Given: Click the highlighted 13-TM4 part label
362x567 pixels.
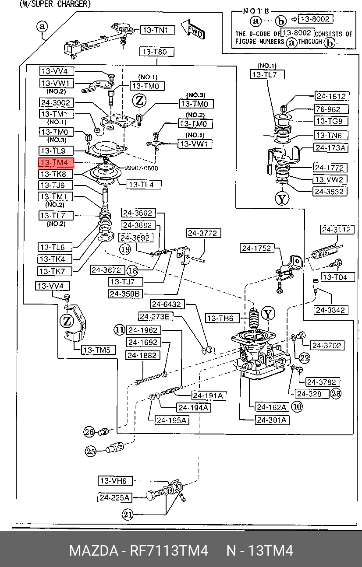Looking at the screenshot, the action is tap(56, 162).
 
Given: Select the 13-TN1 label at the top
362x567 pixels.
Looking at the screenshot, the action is tap(158, 30).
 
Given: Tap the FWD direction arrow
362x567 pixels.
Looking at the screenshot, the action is tap(193, 29).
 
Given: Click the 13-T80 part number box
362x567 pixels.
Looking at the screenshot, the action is tap(156, 52).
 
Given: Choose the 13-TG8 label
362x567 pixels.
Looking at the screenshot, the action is tap(331, 121).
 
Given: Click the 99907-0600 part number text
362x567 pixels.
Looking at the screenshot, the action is tap(141, 168).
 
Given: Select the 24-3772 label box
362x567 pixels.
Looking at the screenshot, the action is tap(203, 233).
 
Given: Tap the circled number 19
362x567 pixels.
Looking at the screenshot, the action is tap(125, 249).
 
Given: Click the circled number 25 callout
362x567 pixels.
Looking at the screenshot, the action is tap(90, 451).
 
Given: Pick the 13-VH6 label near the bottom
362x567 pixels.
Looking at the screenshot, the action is tap(115, 481).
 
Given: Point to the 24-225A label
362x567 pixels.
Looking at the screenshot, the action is tap(114, 497).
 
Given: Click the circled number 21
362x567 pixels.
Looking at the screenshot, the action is tap(127, 514).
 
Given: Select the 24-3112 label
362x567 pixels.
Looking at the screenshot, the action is tap(337, 230).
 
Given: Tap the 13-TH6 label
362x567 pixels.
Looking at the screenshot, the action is tap(222, 318).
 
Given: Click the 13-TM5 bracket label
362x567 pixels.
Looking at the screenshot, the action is tap(99, 350).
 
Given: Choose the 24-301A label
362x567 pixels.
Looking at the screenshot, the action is tap(272, 420).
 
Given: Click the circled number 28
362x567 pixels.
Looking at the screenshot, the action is tap(336, 393).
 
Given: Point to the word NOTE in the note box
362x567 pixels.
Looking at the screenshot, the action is tap(256, 11).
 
